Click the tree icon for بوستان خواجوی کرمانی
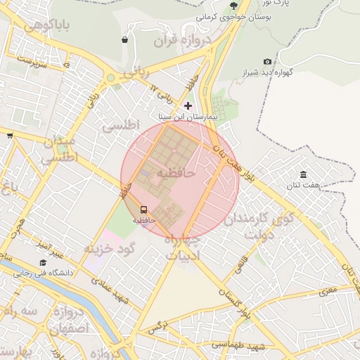(x=233, y=6)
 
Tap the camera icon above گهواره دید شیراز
(x=267, y=62)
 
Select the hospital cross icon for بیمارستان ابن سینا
(x=188, y=105)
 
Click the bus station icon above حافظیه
(x=144, y=210)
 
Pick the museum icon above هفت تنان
(x=303, y=174)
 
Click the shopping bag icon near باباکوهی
(x=125, y=40)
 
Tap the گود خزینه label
(x=109, y=248)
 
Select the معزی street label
(x=328, y=290)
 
